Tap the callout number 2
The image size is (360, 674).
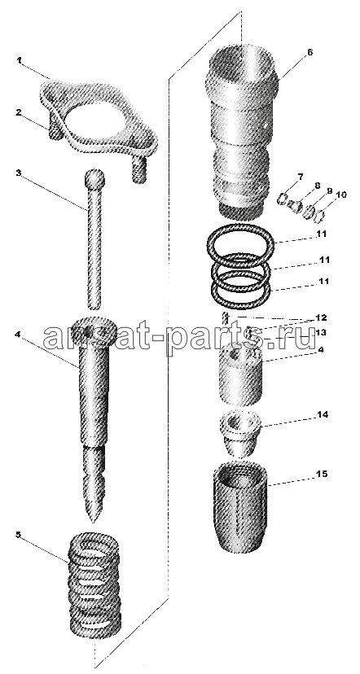pos(19,113)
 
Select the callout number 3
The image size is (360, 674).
pos(19,173)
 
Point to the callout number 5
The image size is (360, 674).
pos(19,535)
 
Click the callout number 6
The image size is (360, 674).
pos(310,52)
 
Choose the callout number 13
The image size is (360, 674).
pos(321,332)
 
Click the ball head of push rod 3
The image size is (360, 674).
pos(95,179)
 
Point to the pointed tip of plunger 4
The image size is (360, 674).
pos(92,521)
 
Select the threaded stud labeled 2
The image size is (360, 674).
pos(53,131)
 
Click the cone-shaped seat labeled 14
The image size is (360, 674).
pos(240,434)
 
